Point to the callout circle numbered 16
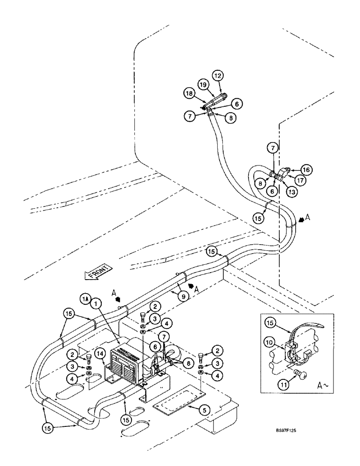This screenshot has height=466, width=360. [306, 170]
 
